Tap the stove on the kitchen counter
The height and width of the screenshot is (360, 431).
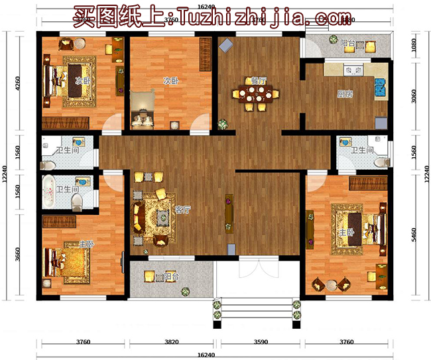[351, 68]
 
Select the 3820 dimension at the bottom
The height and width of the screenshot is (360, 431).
[172, 342]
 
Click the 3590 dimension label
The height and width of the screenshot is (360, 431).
[261, 342]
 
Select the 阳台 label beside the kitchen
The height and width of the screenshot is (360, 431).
[347, 44]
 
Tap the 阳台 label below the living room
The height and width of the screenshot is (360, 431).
[171, 276]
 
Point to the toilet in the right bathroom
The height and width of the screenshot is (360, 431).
[381, 161]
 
